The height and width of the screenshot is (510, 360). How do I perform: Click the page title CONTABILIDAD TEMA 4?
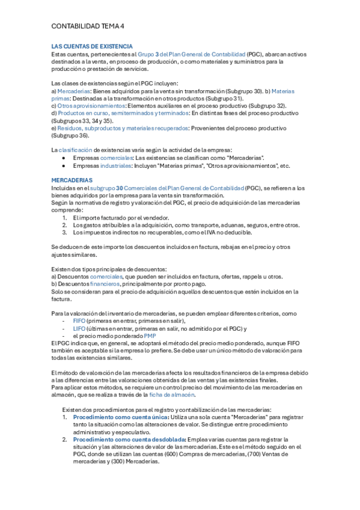[88, 27]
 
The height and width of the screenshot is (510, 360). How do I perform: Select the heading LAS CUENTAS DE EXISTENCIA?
[92, 46]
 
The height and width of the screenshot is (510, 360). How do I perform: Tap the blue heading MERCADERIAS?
[72, 180]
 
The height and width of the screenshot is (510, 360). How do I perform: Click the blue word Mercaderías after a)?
[74, 91]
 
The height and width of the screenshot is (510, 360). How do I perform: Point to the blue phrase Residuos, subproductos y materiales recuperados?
[123, 127]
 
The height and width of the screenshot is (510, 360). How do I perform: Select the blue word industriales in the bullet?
[112, 165]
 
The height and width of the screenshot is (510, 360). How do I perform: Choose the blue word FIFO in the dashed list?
[79, 321]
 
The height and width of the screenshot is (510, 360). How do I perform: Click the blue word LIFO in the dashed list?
[79, 328]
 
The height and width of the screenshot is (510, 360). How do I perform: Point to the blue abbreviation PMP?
[150, 336]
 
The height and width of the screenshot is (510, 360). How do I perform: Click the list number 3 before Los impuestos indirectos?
[65, 232]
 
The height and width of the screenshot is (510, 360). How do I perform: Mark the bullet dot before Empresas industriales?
[64, 165]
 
